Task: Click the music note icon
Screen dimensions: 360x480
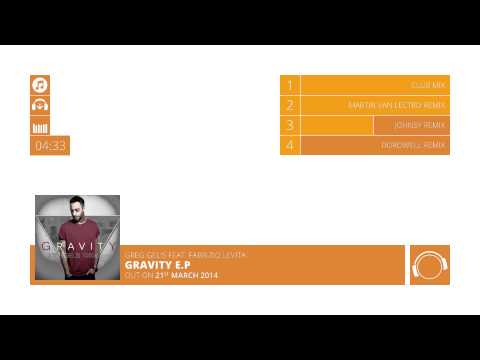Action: [x=40, y=85]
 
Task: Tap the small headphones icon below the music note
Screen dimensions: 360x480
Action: [x=40, y=105]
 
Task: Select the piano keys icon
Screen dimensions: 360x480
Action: [x=40, y=125]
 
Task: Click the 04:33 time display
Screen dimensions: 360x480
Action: [x=50, y=146]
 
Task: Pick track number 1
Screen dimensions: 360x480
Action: [x=290, y=86]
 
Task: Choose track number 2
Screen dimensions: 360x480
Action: [x=290, y=105]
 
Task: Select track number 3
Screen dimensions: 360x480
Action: [x=290, y=125]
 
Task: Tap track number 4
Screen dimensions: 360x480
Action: [x=290, y=145]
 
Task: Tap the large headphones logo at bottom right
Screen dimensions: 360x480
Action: [x=429, y=265]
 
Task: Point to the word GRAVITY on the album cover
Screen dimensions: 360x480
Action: [x=77, y=243]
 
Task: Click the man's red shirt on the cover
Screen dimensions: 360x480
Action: [x=78, y=265]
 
